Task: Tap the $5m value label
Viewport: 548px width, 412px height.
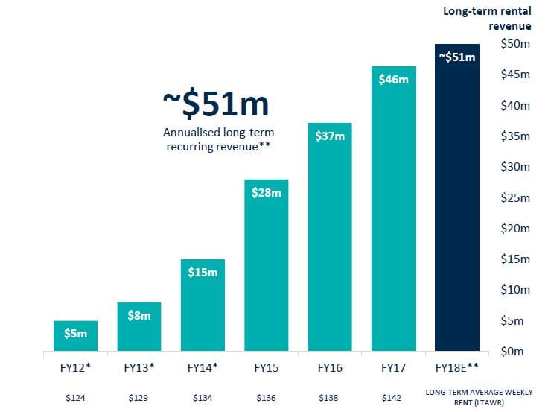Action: pyautogui.click(x=75, y=334)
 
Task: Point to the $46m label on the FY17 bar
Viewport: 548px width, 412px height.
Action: pyautogui.click(x=393, y=79)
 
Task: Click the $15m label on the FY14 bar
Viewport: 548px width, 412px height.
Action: pyautogui.click(x=203, y=273)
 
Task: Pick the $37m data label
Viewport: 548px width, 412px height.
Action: pyautogui.click(x=330, y=136)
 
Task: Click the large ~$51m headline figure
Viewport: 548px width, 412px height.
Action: pyautogui.click(x=215, y=105)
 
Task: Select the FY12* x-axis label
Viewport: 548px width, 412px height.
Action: pyautogui.click(x=75, y=367)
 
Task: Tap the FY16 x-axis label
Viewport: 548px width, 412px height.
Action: pyautogui.click(x=330, y=367)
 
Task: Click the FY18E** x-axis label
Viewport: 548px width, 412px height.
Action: pyautogui.click(x=457, y=367)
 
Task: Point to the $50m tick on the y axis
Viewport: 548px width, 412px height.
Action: pyautogui.click(x=514, y=44)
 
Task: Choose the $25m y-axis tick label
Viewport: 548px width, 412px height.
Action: pyautogui.click(x=514, y=197)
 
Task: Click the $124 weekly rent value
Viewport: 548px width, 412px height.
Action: pyautogui.click(x=75, y=399)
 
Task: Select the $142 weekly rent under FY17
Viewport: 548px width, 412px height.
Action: pyautogui.click(x=393, y=399)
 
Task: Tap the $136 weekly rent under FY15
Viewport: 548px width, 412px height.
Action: pyautogui.click(x=266, y=399)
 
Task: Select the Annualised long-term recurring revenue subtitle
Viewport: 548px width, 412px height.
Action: pyautogui.click(x=215, y=139)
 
